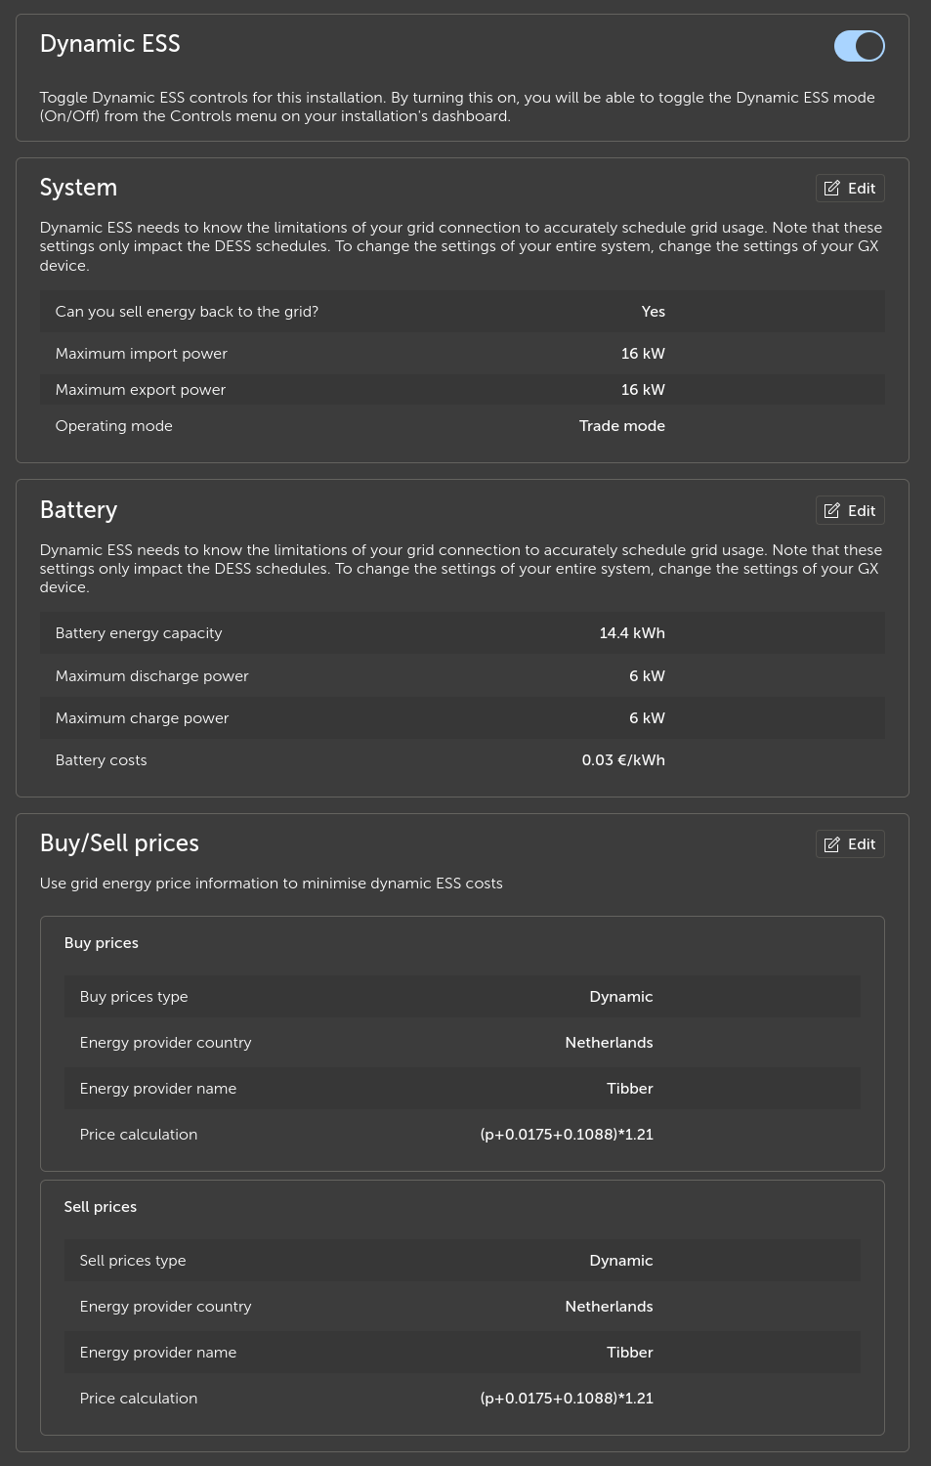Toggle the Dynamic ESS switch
859,46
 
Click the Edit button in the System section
850,189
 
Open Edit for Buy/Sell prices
850,844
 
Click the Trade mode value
621,426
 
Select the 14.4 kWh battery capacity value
631,633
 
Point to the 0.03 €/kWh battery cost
622,760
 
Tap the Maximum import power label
142,354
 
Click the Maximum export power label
141,390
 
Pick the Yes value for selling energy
653,312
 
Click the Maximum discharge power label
152,676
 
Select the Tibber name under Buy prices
629,1089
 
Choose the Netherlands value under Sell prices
609,1307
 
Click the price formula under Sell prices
567,1399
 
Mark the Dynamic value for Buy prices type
620,997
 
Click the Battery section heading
78,510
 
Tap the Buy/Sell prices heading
119,843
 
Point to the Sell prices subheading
101,1207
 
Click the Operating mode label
114,426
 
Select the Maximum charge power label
143,718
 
